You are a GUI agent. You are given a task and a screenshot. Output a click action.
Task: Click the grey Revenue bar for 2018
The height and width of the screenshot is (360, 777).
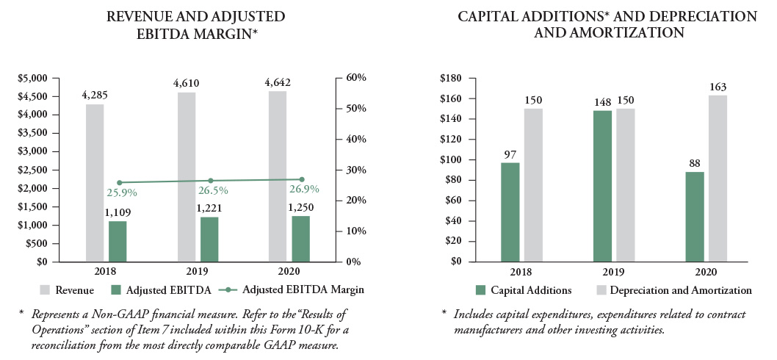point(95,183)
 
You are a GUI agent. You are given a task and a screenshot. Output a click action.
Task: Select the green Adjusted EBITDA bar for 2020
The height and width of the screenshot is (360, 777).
point(300,239)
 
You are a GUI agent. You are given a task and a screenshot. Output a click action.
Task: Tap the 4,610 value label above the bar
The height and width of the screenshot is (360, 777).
point(187,83)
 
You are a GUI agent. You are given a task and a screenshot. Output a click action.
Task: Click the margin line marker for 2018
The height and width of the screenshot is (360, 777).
point(119,182)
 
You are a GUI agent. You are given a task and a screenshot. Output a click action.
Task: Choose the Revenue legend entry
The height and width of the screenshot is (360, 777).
point(68,289)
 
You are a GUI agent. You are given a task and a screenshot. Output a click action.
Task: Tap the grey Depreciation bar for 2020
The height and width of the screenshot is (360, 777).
point(718,179)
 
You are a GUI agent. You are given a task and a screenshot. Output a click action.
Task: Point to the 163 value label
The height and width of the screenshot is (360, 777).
point(718,88)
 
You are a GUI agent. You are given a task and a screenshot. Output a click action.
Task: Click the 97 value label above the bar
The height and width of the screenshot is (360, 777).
point(510,154)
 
